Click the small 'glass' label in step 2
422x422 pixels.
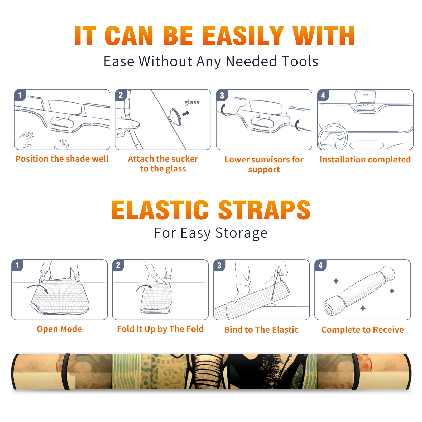pyautogui.click(x=192, y=102)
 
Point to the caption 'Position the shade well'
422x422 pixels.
pyautogui.click(x=62, y=159)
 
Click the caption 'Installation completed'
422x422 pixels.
pyautogui.click(x=365, y=160)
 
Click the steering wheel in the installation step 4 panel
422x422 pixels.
pyautogui.click(x=333, y=137)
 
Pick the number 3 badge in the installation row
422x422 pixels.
pyautogui.click(x=222, y=95)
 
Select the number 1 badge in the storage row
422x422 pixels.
pyautogui.click(x=17, y=265)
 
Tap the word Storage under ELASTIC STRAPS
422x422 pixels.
pyautogui.click(x=241, y=233)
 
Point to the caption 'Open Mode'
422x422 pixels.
pyautogui.click(x=59, y=329)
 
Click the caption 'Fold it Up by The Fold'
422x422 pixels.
pyautogui.click(x=160, y=329)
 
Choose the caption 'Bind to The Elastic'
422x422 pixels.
pyautogui.click(x=261, y=330)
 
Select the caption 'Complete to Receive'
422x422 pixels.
pyautogui.click(x=363, y=330)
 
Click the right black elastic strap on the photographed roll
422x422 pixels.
pyautogui.click(x=354, y=371)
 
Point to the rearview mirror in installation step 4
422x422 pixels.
pyautogui.click(x=365, y=97)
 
